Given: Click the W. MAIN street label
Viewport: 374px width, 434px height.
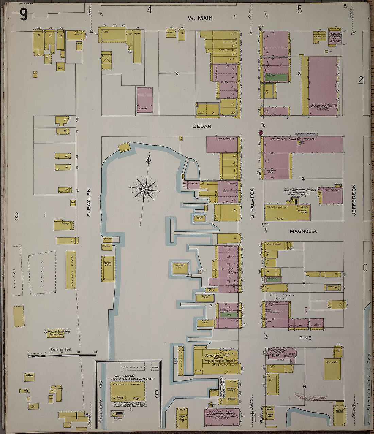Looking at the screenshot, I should click(x=200, y=18).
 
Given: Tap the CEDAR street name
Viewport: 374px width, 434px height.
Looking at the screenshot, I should click(x=202, y=126).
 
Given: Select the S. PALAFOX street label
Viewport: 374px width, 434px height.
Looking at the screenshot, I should click(x=252, y=203).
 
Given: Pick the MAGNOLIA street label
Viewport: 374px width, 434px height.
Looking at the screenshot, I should click(x=303, y=231).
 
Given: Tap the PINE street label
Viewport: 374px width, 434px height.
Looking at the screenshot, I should click(x=305, y=338).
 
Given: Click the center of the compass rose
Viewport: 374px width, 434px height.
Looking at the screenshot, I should click(x=145, y=189).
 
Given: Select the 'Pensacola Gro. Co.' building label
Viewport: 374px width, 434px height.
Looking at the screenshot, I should click(x=324, y=106).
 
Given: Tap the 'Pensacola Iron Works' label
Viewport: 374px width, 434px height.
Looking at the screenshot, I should click(x=214, y=353).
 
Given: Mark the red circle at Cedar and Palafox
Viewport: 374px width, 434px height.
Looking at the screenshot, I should click(x=261, y=132).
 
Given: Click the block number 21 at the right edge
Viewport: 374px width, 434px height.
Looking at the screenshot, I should click(x=361, y=80).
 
